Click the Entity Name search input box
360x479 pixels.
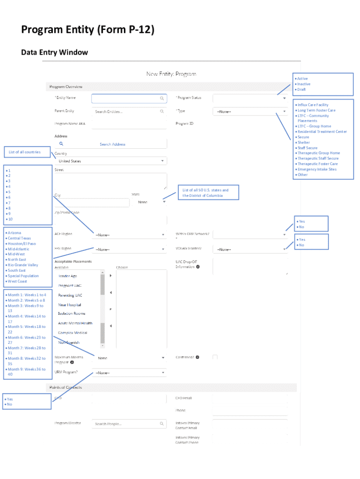[x=129, y=99]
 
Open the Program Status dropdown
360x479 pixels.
[x=250, y=98]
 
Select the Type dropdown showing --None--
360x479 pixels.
[x=250, y=112]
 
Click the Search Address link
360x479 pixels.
[x=112, y=144]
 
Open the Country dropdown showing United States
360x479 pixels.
[x=110, y=161]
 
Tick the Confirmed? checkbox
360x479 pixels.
[x=215, y=357]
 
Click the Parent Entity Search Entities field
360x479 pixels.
[x=129, y=112]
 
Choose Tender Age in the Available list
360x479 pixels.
[x=68, y=276]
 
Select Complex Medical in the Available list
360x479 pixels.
[x=72, y=333]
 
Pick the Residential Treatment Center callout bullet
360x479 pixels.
[x=322, y=132]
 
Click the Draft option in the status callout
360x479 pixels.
[x=302, y=89]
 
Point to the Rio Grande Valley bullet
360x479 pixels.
[x=23, y=265]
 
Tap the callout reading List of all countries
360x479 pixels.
[x=24, y=152]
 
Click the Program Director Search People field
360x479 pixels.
[x=129, y=424]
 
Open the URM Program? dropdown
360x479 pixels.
[x=130, y=373]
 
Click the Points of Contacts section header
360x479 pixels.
[x=65, y=387]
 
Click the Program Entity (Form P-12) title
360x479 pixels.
[x=87, y=30]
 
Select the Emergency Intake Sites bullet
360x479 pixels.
[x=317, y=169]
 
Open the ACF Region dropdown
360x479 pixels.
[x=130, y=235]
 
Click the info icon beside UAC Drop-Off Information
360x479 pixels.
[x=198, y=267]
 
